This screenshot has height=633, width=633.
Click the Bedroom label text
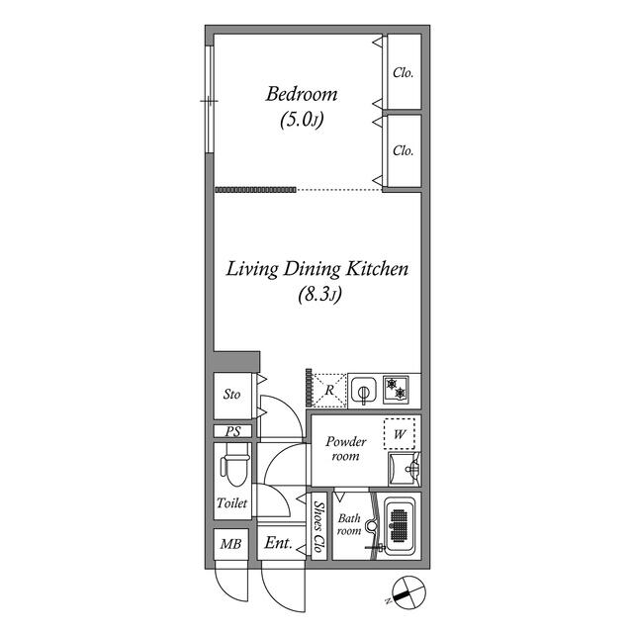[302, 94]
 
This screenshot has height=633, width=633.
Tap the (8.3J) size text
[320, 295]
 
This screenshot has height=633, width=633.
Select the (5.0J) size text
[302, 120]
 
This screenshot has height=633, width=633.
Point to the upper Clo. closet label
[403, 72]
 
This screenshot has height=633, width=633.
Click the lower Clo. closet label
[403, 150]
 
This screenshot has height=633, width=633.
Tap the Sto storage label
[231, 394]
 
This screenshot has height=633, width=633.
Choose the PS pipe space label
[232, 431]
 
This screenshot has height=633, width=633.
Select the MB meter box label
[230, 544]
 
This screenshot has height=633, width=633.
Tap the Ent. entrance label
[279, 543]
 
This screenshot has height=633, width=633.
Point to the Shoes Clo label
[318, 526]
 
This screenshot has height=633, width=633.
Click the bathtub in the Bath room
[399, 525]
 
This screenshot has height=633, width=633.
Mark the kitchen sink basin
[364, 391]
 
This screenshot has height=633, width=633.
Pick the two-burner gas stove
[396, 389]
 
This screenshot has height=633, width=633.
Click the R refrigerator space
[329, 390]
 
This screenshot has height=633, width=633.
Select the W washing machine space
[400, 434]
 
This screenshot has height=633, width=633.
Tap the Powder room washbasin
[405, 469]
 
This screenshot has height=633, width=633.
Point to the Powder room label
[346, 448]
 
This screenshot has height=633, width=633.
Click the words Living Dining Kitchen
[317, 270]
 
